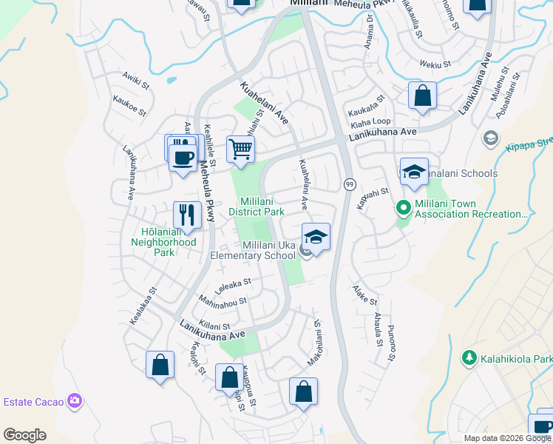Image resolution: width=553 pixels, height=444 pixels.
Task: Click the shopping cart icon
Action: point(241,149)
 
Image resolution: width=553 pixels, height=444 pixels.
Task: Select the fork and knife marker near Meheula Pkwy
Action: point(187,215)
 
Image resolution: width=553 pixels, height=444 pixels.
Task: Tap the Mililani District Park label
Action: point(262,206)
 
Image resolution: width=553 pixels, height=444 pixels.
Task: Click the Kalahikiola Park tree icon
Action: point(468,358)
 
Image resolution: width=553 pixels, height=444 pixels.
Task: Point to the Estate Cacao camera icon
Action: point(74,401)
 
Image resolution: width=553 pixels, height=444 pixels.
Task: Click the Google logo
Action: point(24,435)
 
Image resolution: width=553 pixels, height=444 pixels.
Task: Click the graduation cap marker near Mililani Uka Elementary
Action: point(316,237)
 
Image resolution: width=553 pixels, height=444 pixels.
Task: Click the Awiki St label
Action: point(135,81)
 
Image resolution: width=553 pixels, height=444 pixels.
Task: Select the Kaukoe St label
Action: point(129,104)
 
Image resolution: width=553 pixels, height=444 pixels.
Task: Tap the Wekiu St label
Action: point(435,65)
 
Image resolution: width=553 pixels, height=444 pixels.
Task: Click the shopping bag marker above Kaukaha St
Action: point(422,95)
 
